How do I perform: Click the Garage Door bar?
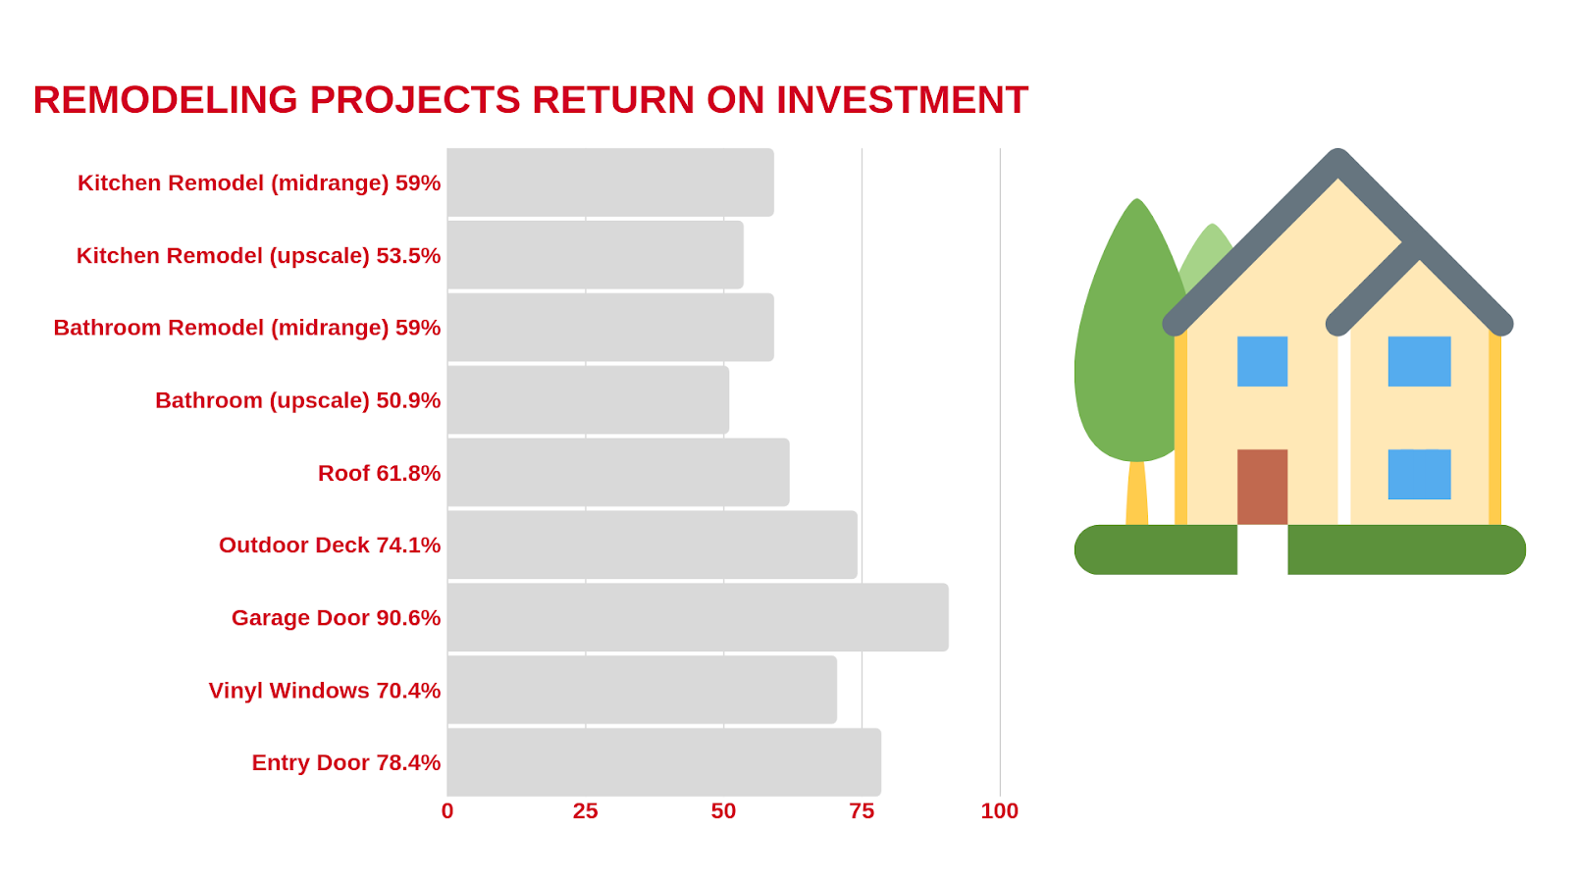tap(698, 617)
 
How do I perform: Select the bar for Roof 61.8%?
tap(618, 472)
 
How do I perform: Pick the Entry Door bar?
tap(663, 762)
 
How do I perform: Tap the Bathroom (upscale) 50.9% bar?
tap(588, 400)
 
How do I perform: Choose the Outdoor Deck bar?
tap(652, 545)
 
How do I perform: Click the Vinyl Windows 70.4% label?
tap(325, 691)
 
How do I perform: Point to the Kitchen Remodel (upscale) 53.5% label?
tap(259, 256)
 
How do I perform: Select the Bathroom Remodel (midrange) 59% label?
tap(246, 328)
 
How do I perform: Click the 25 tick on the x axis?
tap(585, 811)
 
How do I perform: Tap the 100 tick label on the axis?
tap(1000, 811)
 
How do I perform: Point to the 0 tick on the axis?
tap(447, 811)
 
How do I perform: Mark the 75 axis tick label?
tap(862, 811)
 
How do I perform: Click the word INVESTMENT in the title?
tap(902, 99)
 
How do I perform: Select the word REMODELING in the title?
tap(166, 99)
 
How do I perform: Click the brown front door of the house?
tap(1262, 487)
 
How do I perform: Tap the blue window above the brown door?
tap(1262, 362)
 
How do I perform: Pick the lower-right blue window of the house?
tap(1419, 475)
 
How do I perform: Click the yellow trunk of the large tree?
tap(1137, 493)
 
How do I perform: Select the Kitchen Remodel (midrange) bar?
tap(610, 182)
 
